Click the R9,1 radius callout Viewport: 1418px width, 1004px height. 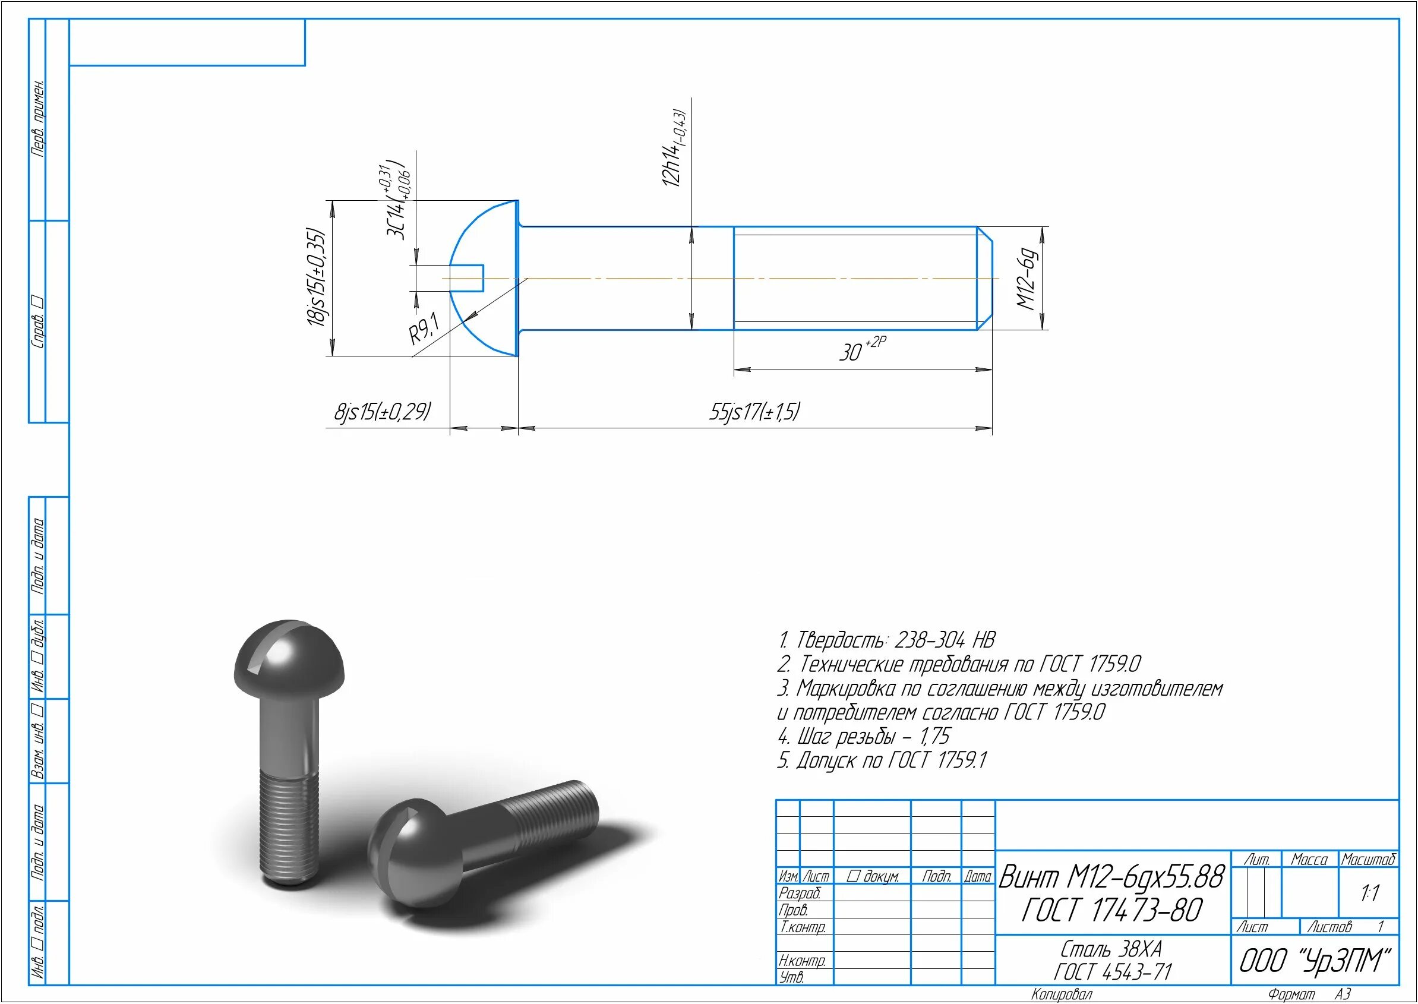[424, 329]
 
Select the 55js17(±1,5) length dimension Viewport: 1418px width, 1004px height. [754, 411]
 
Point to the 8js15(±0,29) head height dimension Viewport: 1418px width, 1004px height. [383, 411]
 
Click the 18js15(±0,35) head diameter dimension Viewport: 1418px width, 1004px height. [316, 277]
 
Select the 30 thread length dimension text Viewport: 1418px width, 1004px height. [863, 349]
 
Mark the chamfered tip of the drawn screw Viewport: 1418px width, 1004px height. [985, 278]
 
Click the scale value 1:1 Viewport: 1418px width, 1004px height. [1370, 893]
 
